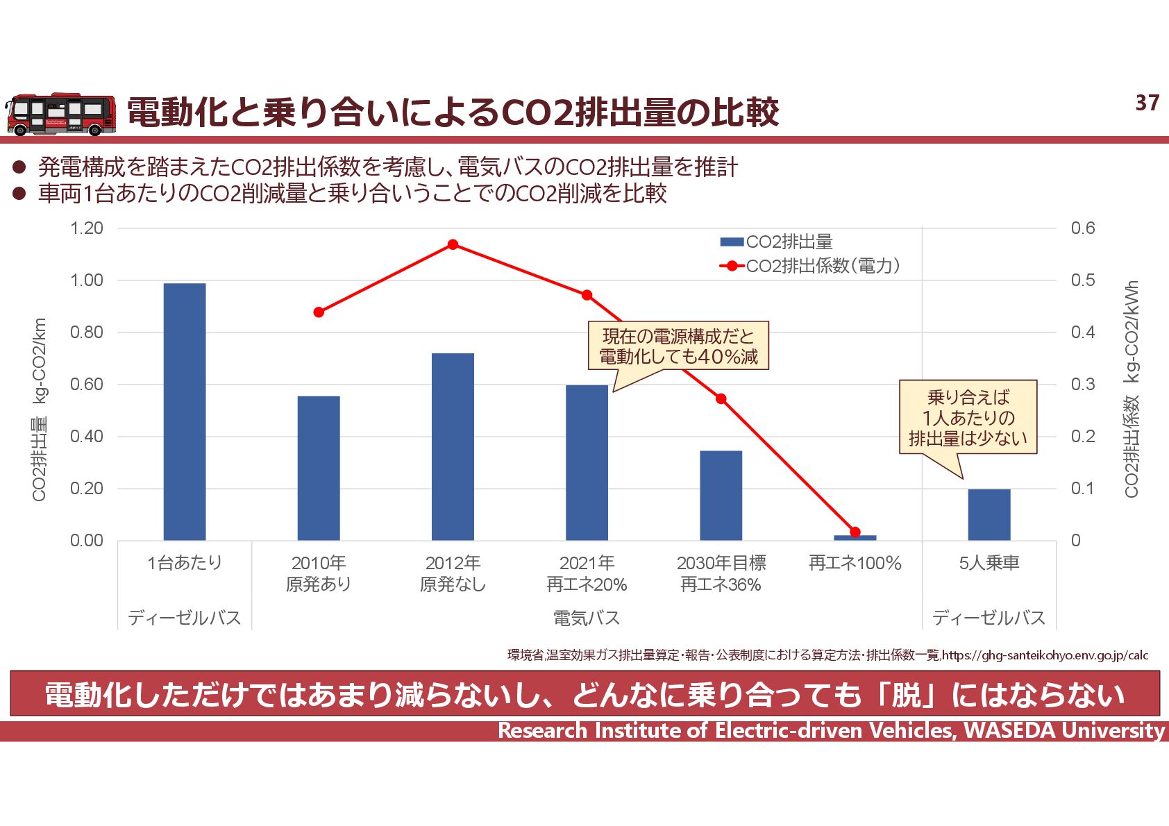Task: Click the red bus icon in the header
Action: tap(61, 115)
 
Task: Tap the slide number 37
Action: tap(1147, 103)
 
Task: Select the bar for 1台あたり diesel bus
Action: tap(185, 412)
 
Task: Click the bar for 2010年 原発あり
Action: tap(319, 468)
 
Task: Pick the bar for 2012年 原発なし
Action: tap(453, 446)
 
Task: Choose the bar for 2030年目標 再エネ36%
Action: tap(721, 495)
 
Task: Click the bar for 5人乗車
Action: tap(989, 514)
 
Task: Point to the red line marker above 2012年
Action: tap(453, 244)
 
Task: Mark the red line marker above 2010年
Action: tap(319, 312)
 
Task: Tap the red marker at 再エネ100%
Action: tap(855, 532)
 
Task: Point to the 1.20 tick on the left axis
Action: tap(87, 228)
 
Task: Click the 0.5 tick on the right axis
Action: tap(1082, 280)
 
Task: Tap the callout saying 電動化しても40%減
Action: tap(678, 346)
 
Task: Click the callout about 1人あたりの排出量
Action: tap(968, 417)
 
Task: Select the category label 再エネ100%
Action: tap(855, 563)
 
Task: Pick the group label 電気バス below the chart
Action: tap(587, 617)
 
